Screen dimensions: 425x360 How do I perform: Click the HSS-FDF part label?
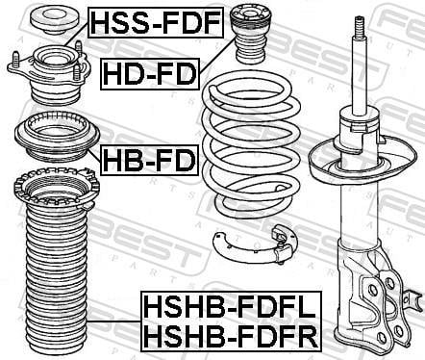click(156, 22)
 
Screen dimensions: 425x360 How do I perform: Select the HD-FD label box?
click(150, 74)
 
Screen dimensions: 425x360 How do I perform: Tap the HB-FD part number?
click(150, 160)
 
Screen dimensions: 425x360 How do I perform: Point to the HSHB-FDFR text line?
click(231, 335)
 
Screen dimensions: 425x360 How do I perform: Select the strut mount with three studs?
click(47, 74)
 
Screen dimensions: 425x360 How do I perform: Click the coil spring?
click(251, 144)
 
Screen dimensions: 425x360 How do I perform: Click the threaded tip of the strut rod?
click(359, 27)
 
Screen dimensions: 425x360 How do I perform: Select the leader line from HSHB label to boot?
click(114, 321)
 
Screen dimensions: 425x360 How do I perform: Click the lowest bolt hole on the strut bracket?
click(382, 337)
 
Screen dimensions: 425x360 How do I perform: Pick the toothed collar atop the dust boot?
click(57, 190)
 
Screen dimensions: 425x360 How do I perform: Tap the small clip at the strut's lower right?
click(413, 300)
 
